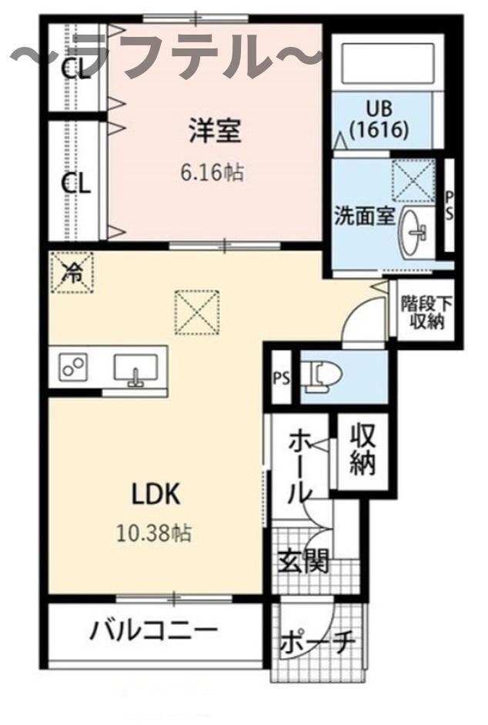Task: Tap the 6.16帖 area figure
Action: (212, 172)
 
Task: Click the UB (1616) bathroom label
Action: (377, 120)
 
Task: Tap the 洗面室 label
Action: (364, 216)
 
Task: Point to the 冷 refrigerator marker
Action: (72, 271)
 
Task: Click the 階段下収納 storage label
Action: (426, 312)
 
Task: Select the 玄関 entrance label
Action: (303, 562)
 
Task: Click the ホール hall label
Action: (299, 467)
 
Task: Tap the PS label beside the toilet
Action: (281, 378)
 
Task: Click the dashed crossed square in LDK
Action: (199, 312)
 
